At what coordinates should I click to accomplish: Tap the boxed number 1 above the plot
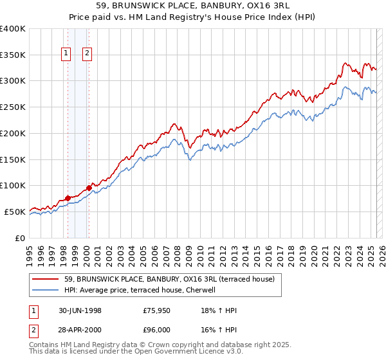click(66, 54)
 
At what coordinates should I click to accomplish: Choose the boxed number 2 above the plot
click(87, 54)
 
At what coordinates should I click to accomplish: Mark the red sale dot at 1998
click(68, 198)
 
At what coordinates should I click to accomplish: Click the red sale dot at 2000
click(88, 188)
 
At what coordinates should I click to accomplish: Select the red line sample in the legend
click(46, 279)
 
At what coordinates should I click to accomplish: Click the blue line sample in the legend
click(46, 290)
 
